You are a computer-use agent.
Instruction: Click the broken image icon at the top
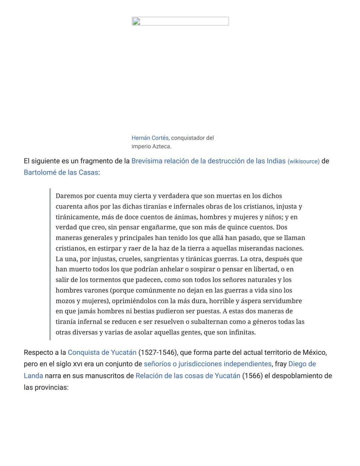136,22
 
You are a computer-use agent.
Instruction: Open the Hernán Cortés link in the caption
150,138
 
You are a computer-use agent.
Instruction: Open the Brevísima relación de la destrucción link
208,161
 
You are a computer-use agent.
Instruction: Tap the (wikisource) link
303,161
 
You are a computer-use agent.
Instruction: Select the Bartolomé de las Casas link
61,172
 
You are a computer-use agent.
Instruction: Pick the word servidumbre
282,301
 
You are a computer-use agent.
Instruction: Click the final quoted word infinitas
242,332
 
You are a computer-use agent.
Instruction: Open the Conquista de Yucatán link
102,353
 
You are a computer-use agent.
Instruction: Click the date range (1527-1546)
157,353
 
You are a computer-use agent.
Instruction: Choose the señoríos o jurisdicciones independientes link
207,364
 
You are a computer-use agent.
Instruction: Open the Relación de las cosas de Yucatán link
188,376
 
